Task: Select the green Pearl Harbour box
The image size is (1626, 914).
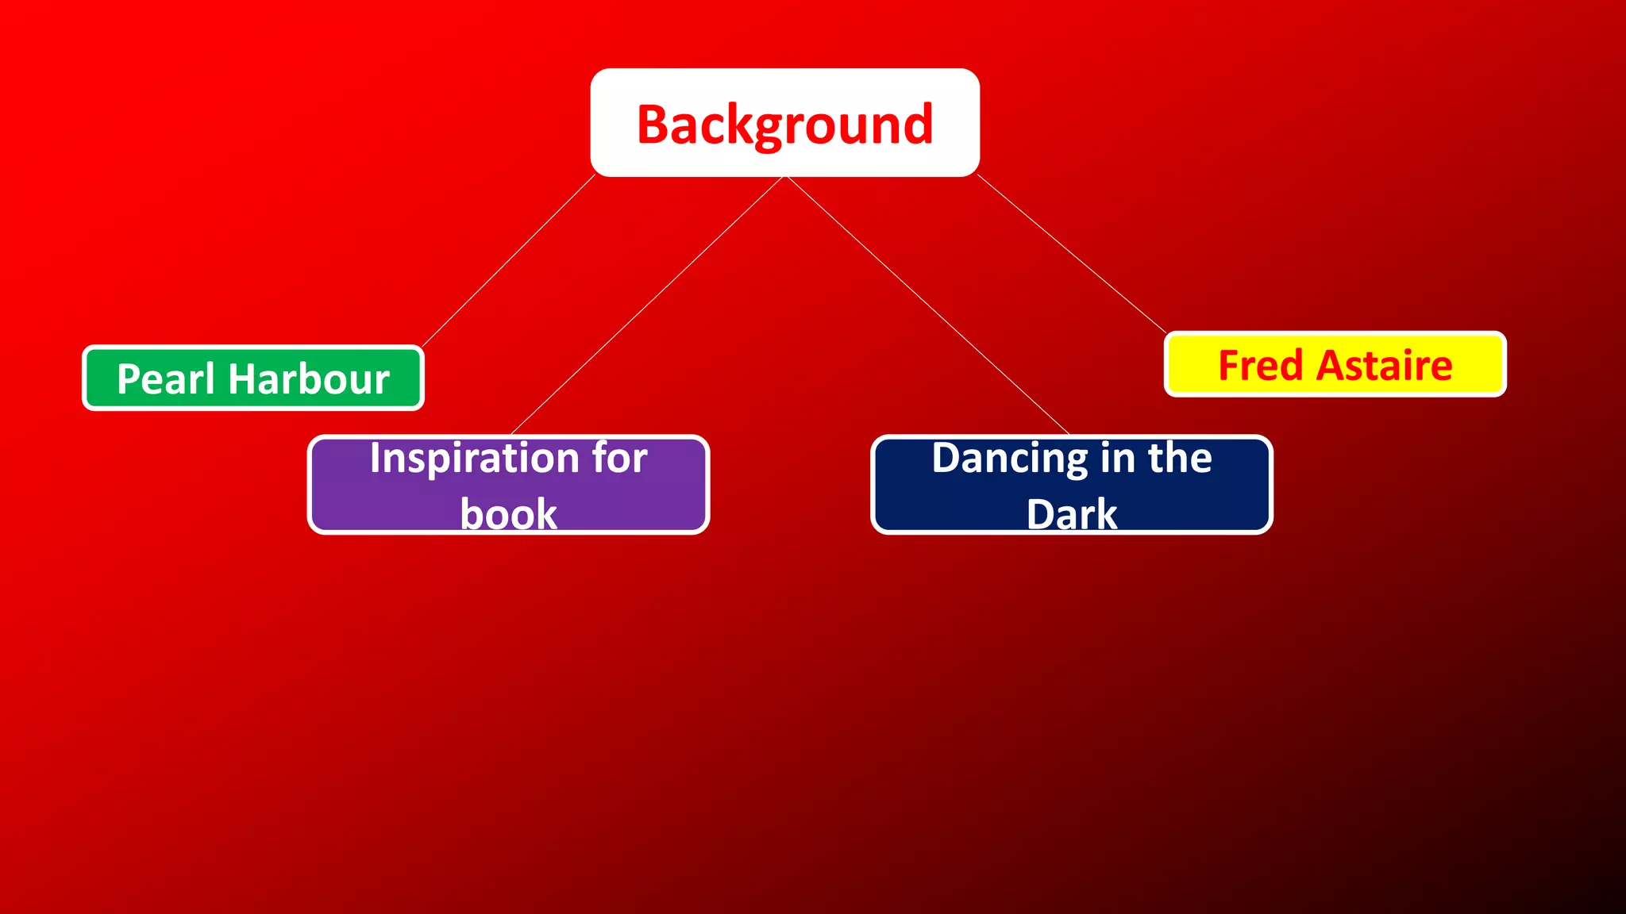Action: tap(252, 378)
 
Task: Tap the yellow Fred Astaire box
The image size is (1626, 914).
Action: tap(1335, 365)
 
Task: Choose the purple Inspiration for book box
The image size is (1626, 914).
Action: tap(508, 486)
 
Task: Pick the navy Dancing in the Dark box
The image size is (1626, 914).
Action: tap(1071, 486)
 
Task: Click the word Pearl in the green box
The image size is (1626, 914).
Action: tap(165, 379)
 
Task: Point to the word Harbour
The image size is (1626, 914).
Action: tap(309, 379)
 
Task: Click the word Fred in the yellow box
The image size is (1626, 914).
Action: tap(1261, 366)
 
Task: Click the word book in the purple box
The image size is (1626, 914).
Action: tap(508, 513)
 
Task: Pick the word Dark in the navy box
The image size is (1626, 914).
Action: tap(1071, 513)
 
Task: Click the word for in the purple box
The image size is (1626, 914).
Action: tap(619, 459)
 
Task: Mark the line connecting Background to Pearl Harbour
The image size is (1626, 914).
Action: tap(509, 260)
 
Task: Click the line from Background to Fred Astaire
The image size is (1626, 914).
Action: tap(1072, 253)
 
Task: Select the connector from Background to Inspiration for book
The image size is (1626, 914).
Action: tap(647, 305)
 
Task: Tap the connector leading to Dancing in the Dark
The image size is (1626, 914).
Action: tap(927, 305)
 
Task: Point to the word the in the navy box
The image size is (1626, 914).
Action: tap(1180, 459)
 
